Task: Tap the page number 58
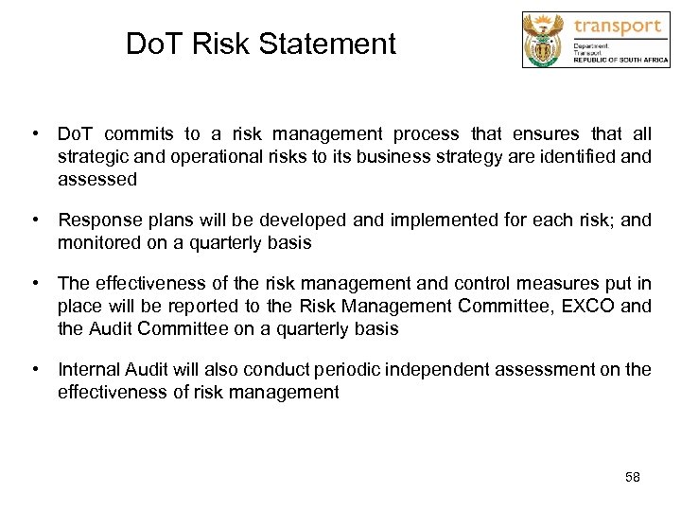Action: pyautogui.click(x=633, y=478)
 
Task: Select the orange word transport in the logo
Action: pyautogui.click(x=618, y=26)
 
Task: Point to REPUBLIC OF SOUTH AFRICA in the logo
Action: pyautogui.click(x=620, y=60)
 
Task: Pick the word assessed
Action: pyautogui.click(x=97, y=179)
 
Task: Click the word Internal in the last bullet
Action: pyautogui.click(x=90, y=369)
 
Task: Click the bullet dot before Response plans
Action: pyautogui.click(x=33, y=220)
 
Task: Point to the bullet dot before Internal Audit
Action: pyautogui.click(x=33, y=369)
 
